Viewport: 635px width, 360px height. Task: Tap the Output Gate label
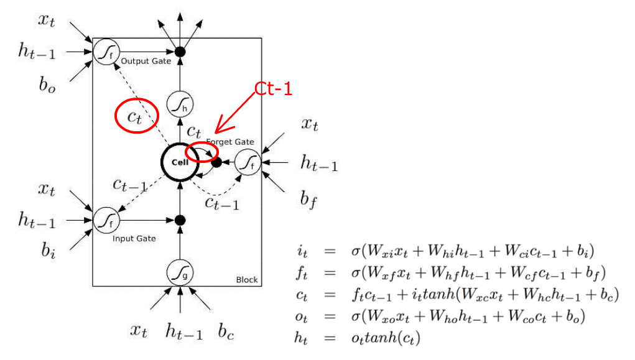[146, 61]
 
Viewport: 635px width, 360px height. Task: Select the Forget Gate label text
[230, 142]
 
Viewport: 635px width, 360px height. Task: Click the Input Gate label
[134, 239]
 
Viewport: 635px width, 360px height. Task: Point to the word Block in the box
[247, 280]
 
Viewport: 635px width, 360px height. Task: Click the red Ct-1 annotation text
[274, 89]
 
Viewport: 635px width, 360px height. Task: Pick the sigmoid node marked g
[180, 272]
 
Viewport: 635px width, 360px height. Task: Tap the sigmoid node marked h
[180, 104]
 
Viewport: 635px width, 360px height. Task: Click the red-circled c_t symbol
[134, 117]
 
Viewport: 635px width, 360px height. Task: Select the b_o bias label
[47, 85]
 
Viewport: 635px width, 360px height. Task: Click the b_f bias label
[308, 200]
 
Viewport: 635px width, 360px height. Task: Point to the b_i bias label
[48, 250]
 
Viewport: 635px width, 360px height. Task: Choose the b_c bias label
[226, 331]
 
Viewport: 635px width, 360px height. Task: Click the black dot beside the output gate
[180, 52]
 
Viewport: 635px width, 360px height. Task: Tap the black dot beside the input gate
[180, 220]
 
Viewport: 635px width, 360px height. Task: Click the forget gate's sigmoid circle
[248, 162]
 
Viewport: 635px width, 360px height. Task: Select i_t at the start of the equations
[302, 251]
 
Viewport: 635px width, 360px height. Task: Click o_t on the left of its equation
[301, 316]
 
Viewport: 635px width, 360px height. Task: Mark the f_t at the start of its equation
[301, 273]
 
